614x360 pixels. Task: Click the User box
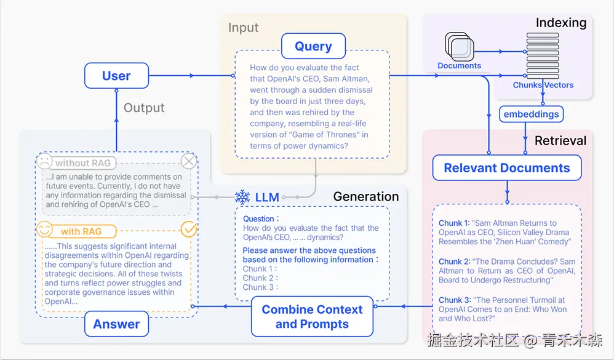pos(116,76)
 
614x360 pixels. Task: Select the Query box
pos(313,46)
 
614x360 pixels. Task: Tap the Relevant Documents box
pos(507,167)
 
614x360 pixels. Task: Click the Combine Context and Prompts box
pos(312,316)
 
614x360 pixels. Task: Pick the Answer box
pos(116,324)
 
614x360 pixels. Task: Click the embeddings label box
pos(531,114)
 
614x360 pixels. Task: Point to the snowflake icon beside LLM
pos(242,197)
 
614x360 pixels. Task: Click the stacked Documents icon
pos(460,47)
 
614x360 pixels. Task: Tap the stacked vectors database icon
pos(543,56)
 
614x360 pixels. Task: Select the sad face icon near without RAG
pos(44,161)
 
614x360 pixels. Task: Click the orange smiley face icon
pos(44,230)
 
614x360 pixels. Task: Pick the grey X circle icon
pos(189,161)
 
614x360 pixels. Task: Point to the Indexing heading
pos(560,23)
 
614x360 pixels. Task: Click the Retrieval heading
pos(560,141)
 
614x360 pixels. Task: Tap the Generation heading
pos(365,196)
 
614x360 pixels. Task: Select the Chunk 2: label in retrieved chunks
pos(454,262)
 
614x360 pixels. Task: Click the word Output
pos(144,108)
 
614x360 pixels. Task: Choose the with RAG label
pos(81,231)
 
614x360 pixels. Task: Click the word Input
pos(243,28)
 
